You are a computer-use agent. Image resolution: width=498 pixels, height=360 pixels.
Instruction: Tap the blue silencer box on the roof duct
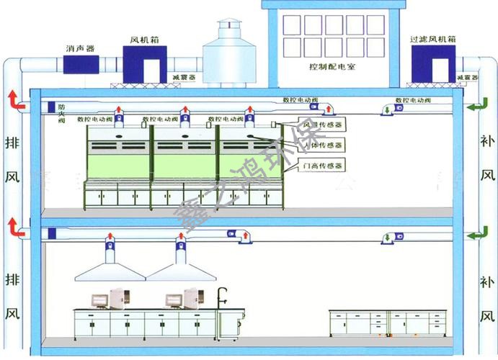(81, 63)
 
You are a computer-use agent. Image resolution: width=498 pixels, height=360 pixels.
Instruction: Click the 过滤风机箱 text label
(432, 40)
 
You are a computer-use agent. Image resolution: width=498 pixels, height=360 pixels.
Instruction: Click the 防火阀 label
(62, 113)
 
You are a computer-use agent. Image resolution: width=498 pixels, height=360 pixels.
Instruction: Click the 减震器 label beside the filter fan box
(468, 77)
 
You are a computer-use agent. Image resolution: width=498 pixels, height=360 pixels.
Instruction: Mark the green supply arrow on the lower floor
(476, 234)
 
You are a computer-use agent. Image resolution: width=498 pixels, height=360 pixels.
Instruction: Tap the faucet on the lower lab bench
(223, 295)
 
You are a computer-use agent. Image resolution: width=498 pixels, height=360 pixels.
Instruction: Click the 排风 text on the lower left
(12, 296)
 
